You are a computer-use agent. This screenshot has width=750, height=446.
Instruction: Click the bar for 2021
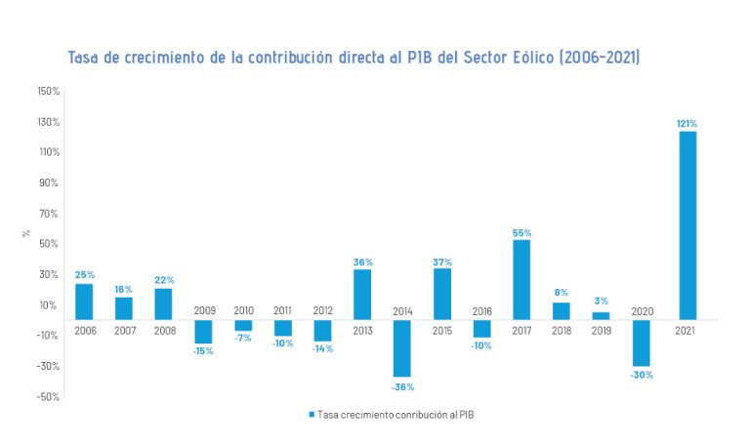click(x=687, y=225)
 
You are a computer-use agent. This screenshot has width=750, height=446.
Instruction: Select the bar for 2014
click(x=402, y=347)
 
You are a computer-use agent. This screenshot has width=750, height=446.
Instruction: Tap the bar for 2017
click(x=521, y=280)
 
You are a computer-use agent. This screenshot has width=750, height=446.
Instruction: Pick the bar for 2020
click(x=642, y=343)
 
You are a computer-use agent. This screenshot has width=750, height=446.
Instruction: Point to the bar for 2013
click(x=362, y=295)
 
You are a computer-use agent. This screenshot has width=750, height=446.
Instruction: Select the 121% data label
click(x=687, y=124)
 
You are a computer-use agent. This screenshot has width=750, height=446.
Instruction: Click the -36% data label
click(x=402, y=386)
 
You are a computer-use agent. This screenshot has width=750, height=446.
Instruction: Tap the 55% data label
click(x=521, y=233)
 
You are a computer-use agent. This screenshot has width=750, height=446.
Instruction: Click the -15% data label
click(x=203, y=351)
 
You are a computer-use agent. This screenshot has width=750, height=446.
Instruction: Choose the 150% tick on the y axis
click(x=48, y=91)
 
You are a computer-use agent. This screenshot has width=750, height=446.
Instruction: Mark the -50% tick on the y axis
click(x=48, y=396)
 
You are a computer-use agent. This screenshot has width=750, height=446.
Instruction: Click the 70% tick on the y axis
click(x=49, y=213)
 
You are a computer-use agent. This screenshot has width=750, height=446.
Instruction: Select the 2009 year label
click(x=203, y=310)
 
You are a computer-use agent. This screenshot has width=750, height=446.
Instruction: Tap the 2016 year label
click(x=482, y=310)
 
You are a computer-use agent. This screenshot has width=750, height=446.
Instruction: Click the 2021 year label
click(x=687, y=330)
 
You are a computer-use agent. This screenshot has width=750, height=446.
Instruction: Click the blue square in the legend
click(x=312, y=415)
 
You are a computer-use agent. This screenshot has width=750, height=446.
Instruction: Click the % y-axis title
click(x=26, y=234)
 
